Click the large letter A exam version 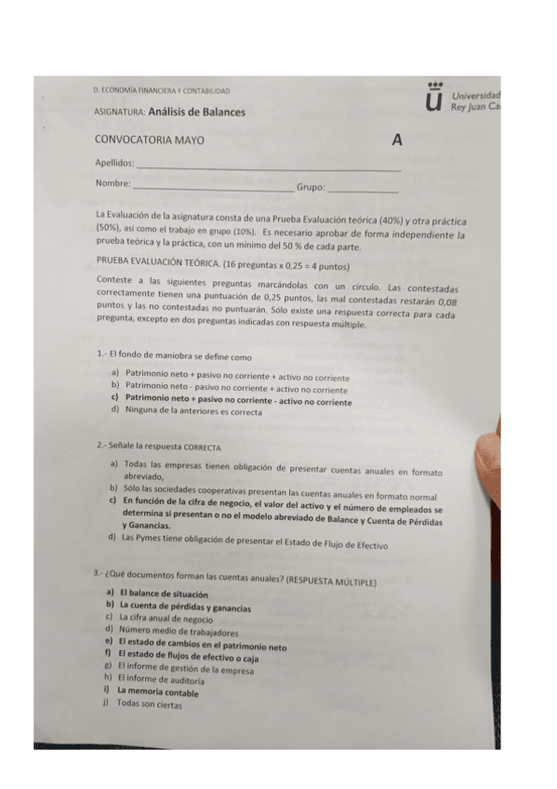pos(397,141)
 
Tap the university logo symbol pos(432,96)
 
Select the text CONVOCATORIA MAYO pos(150,140)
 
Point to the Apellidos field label pos(114,163)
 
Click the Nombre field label pos(113,183)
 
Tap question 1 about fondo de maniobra pos(174,355)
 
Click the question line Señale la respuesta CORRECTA pos(156,446)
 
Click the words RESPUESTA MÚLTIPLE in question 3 pos(330,582)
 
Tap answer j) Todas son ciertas pos(148,703)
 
